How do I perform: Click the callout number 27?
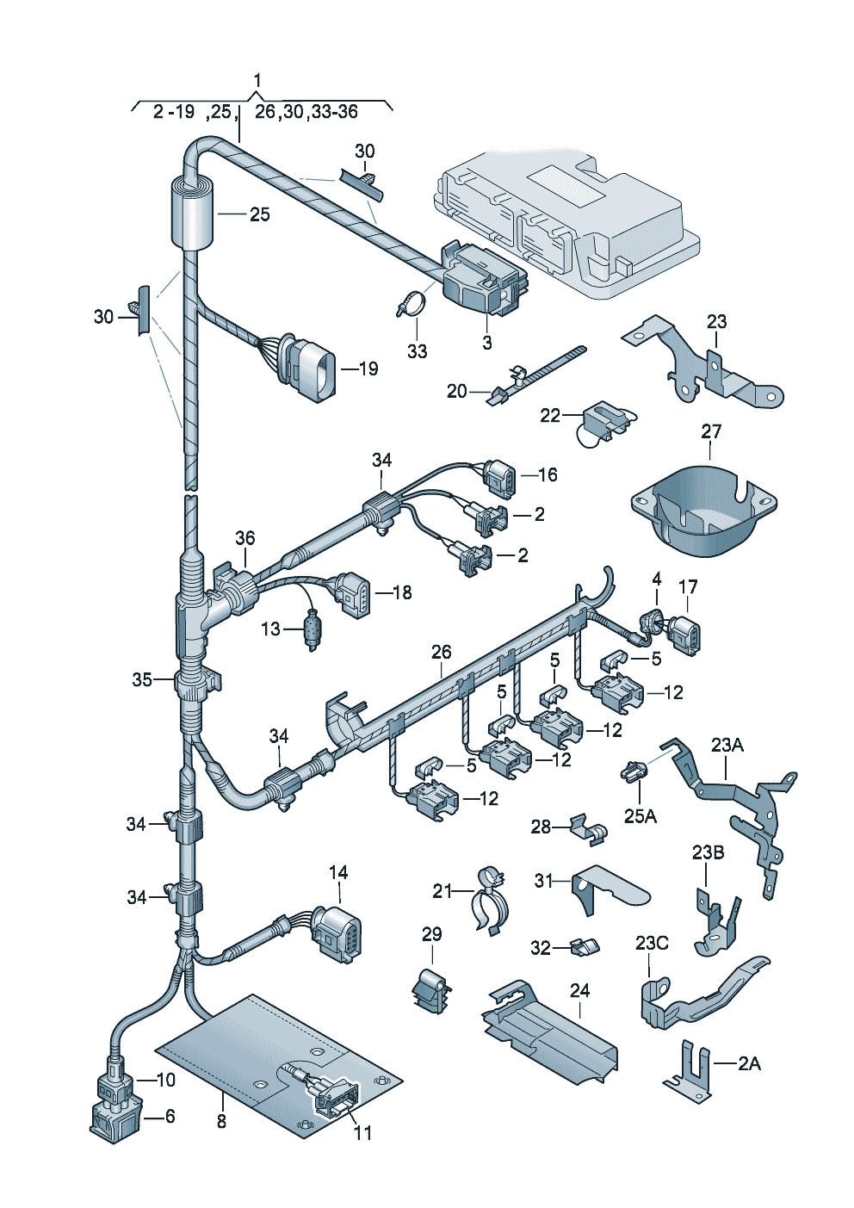coord(711,431)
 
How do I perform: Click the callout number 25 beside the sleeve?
coord(260,214)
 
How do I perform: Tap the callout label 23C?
coord(652,943)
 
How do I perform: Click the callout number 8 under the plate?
coord(221,1121)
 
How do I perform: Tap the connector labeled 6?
coord(114,1118)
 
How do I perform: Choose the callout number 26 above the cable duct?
coord(441,652)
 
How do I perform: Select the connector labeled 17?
coord(686,635)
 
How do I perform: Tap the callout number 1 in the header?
coord(257,80)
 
